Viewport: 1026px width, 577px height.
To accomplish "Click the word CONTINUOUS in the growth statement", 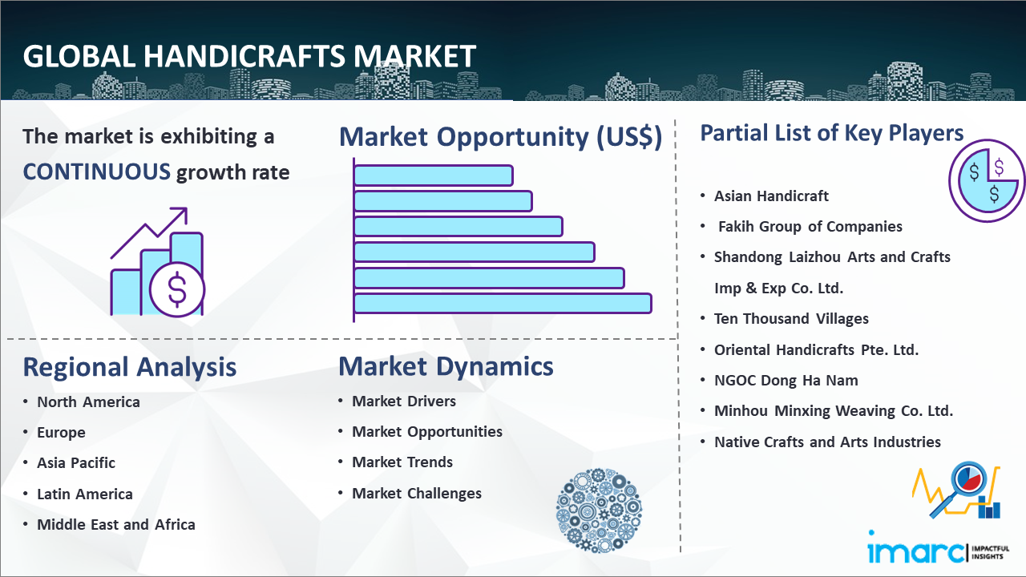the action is click(x=97, y=172).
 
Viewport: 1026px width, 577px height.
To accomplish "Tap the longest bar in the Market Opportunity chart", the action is click(x=503, y=304).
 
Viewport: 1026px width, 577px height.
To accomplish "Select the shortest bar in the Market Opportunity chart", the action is click(x=434, y=176).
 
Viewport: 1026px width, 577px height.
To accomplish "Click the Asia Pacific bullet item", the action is click(x=76, y=463).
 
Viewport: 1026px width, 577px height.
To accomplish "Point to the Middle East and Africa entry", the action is click(x=116, y=524).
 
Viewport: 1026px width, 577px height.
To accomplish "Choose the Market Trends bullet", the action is click(x=402, y=462).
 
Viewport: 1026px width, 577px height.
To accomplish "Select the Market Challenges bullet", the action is click(x=417, y=493).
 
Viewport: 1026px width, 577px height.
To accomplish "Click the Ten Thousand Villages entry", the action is click(x=791, y=319).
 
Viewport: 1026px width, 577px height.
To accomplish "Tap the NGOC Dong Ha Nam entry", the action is click(x=786, y=380).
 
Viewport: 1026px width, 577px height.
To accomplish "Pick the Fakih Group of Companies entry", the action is click(x=810, y=226).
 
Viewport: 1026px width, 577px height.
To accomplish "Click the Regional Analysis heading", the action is click(x=130, y=367).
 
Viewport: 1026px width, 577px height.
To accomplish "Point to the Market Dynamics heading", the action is click(x=446, y=366).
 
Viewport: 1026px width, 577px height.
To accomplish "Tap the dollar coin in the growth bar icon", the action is click(x=177, y=290).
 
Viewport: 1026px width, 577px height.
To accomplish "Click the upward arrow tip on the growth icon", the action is click(x=187, y=208).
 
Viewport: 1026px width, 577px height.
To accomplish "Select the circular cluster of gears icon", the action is click(x=599, y=510).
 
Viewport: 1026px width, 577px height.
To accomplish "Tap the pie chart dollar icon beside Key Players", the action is click(x=987, y=181).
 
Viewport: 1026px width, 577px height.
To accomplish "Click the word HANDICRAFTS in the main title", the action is click(x=244, y=57).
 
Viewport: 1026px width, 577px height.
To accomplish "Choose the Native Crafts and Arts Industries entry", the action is click(x=828, y=442).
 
